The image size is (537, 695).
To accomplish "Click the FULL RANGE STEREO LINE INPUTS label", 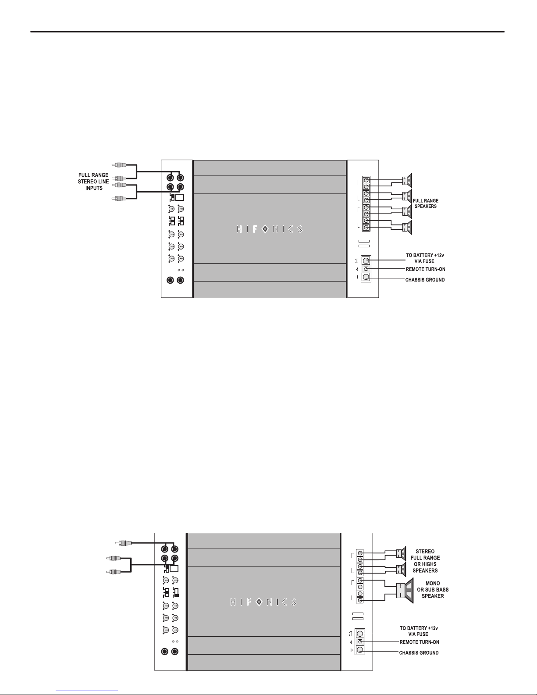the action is pos(93,182).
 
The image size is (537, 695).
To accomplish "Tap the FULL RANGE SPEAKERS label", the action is pos(426,203).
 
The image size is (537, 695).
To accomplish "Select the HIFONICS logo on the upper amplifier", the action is pos(269,229).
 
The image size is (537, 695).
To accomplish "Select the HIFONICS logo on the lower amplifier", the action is pos(263,602).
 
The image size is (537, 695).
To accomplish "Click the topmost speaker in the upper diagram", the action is pos(407,181).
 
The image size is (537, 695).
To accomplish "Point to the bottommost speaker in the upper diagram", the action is pos(407,227).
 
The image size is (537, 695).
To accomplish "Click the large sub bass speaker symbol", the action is pos(405,590).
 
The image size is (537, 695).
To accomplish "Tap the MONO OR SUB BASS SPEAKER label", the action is pos(433,589).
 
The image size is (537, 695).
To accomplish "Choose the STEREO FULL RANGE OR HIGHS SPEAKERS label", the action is pos(425,561).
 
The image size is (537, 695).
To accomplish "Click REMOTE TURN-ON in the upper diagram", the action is pos(426,269).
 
